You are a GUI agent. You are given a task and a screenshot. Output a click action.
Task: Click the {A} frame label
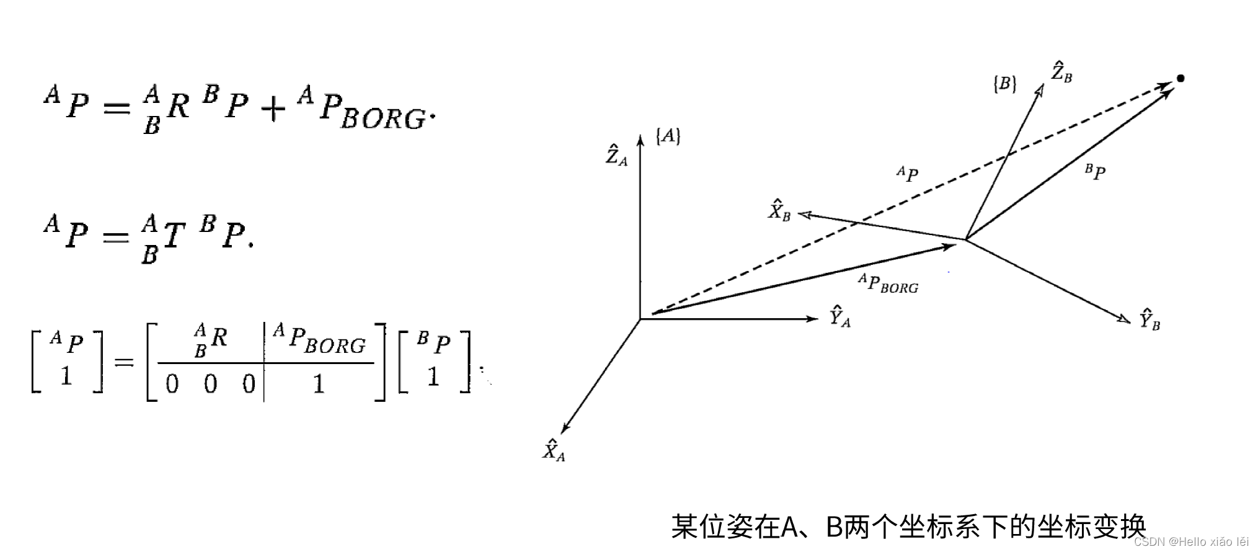point(668,136)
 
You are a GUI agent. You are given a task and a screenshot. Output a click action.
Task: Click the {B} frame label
point(1004,84)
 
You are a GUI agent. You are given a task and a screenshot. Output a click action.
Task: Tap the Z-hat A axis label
point(616,155)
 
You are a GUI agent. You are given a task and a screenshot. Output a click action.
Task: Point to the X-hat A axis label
point(554,450)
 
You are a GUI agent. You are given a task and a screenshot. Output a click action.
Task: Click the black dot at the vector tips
point(1180,78)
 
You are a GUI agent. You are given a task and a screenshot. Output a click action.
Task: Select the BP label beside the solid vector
point(1096,172)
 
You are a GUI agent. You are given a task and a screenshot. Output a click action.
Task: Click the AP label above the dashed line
point(907,174)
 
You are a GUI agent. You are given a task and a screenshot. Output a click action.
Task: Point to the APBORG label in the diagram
point(888,283)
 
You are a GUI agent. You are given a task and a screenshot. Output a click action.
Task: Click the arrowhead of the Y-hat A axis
point(812,319)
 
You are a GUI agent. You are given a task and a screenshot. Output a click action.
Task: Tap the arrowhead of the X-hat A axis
point(564,428)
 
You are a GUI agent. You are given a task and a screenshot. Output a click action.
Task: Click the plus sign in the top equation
point(273,110)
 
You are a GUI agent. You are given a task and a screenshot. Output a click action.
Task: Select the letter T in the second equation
point(174,236)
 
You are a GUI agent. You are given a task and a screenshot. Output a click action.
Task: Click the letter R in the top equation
point(178,106)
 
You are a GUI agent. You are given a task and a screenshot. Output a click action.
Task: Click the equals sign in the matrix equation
point(124,362)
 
